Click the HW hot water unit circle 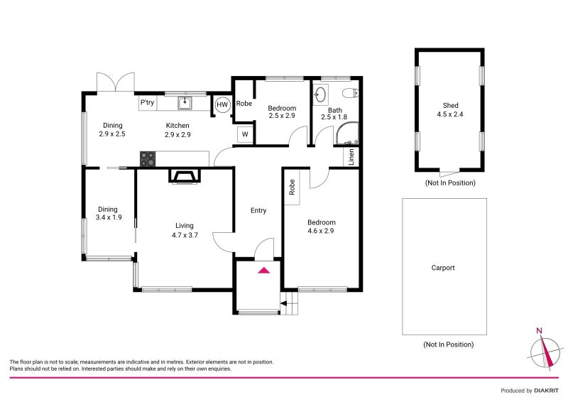point(222,104)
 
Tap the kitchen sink point(185,103)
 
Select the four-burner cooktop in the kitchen point(148,159)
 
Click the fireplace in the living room point(183,175)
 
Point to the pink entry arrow point(264,270)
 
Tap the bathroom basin point(320,94)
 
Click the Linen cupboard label point(351,157)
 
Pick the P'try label point(147,103)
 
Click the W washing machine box point(244,134)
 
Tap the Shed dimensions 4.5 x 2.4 point(449,115)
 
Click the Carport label point(443,268)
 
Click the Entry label point(258,210)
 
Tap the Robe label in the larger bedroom point(292,187)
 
